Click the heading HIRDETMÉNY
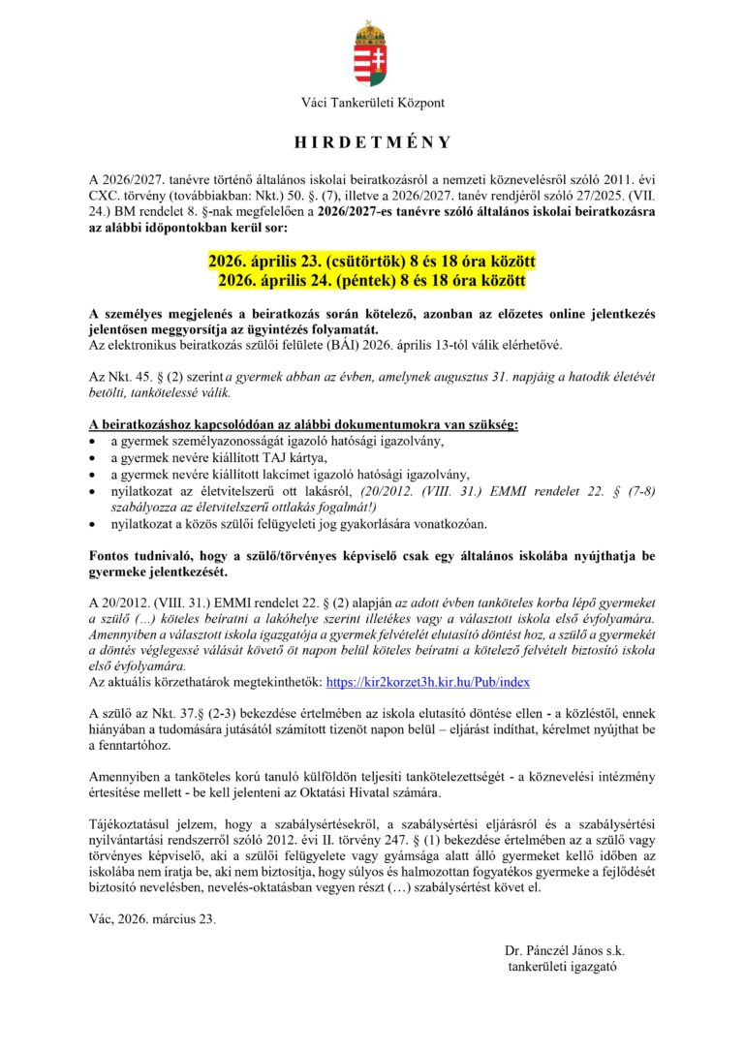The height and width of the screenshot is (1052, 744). pyautogui.click(x=372, y=142)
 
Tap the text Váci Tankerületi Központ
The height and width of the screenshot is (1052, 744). pyautogui.click(x=372, y=103)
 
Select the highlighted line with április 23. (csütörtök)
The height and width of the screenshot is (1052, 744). pyautogui.click(x=372, y=263)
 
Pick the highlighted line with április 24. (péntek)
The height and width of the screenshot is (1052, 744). pyautogui.click(x=372, y=281)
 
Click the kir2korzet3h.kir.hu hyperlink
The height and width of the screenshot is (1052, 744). pyautogui.click(x=428, y=682)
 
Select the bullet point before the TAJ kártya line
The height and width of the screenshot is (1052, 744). pyautogui.click(x=92, y=458)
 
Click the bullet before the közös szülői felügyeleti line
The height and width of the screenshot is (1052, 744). pyautogui.click(x=92, y=524)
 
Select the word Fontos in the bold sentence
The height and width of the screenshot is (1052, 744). pyautogui.click(x=110, y=556)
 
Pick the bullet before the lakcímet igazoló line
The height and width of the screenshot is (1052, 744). pyautogui.click(x=92, y=475)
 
